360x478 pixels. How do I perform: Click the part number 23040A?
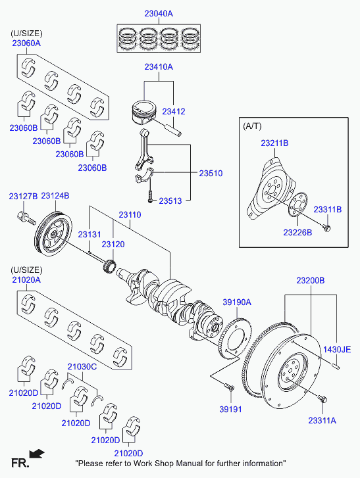159,14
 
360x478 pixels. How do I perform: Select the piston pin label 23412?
174,112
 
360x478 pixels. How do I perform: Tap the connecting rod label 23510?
211,174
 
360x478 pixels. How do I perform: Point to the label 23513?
170,201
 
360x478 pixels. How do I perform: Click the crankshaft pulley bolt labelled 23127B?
26,218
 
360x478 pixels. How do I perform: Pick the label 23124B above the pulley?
55,196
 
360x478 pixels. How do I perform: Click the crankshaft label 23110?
130,215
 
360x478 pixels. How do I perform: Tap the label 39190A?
237,302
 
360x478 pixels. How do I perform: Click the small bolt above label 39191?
230,387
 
